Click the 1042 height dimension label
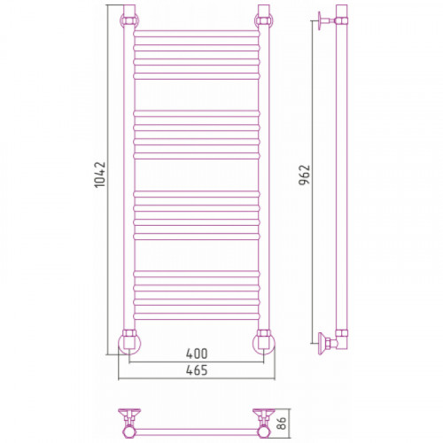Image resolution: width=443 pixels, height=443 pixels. point(100,175)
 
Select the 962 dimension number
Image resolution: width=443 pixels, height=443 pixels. point(304,175)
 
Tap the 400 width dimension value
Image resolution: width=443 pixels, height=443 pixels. point(197,354)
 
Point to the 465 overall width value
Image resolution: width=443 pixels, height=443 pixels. point(197,370)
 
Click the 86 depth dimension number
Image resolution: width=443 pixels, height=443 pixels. point(282,424)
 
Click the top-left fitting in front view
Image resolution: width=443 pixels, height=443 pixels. point(129,20)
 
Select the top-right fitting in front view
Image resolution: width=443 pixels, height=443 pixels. point(264,20)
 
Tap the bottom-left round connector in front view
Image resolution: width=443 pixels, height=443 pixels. point(129,342)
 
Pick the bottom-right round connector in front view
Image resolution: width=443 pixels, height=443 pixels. point(264,342)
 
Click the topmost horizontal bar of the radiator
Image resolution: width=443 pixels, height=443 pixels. point(197,34)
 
